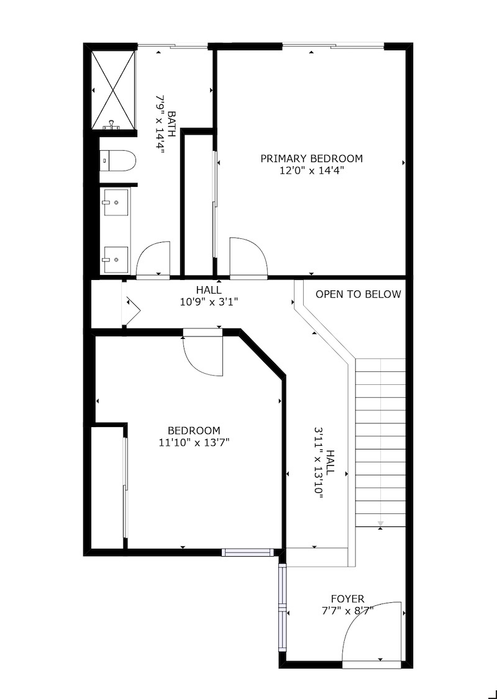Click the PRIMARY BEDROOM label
(x=311, y=158)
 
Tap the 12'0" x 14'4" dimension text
(x=311, y=170)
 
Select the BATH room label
(x=172, y=124)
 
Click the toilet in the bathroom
(x=117, y=161)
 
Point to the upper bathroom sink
(x=116, y=202)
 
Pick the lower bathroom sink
(x=116, y=259)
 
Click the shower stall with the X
(x=113, y=90)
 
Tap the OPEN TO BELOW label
(x=358, y=294)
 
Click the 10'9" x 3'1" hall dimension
(x=209, y=302)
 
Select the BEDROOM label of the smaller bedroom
(x=194, y=431)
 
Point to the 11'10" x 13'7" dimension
(x=194, y=442)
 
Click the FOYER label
(x=347, y=598)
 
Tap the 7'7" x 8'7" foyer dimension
(x=347, y=610)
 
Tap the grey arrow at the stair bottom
(x=381, y=523)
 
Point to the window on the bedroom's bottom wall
(x=248, y=552)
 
